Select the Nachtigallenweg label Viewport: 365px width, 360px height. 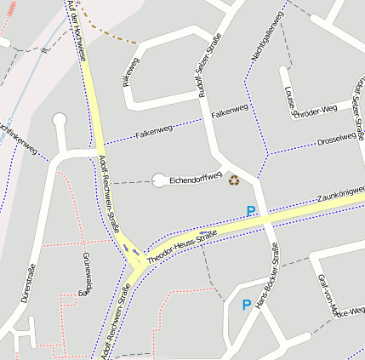coord(264,39)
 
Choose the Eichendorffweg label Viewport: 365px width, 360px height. coord(196,180)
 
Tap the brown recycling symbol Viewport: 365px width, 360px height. coord(234,179)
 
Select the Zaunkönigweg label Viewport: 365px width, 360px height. coord(340,191)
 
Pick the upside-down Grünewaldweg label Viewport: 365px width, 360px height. coord(87,272)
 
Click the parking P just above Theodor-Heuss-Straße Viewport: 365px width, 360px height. coord(251,210)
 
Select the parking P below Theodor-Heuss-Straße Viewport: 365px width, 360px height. coord(247,305)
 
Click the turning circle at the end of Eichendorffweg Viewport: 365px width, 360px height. coord(159,180)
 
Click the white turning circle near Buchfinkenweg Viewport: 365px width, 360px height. coord(60,120)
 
